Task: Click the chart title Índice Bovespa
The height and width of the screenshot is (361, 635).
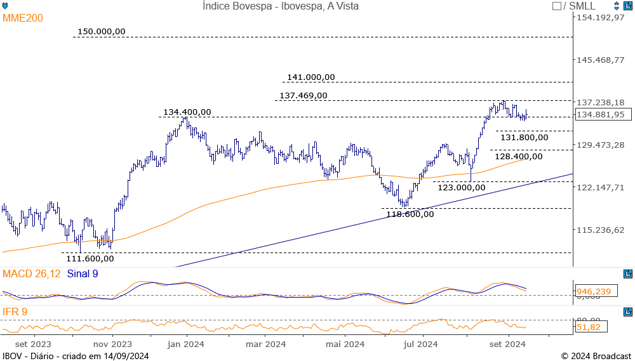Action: [x=281, y=6]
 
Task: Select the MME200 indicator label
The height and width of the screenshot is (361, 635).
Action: [x=23, y=18]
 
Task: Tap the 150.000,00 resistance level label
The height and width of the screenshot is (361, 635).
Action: [x=102, y=31]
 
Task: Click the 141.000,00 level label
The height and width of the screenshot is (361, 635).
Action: [x=311, y=77]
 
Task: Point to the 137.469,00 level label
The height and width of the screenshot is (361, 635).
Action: [x=304, y=95]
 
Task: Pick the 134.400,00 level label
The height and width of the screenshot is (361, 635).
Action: [x=187, y=112]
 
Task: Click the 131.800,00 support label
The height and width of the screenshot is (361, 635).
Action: [x=524, y=136]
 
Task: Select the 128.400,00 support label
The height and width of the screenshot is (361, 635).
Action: [x=519, y=156]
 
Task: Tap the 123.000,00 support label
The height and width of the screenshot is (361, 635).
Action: [x=462, y=187]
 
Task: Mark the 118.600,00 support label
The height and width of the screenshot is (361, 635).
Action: [x=410, y=214]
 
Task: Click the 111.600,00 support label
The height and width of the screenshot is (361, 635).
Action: [x=90, y=258]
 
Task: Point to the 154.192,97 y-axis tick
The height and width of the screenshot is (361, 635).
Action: [x=600, y=17]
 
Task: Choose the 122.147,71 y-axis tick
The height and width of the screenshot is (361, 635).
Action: [x=600, y=187]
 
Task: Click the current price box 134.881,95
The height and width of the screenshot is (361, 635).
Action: [x=600, y=115]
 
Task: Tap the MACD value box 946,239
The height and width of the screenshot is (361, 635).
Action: [x=594, y=291]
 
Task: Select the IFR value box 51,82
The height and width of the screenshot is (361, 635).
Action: [x=591, y=327]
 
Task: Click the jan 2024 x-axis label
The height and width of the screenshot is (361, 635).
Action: [x=186, y=345]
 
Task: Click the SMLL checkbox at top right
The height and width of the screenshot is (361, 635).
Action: [x=557, y=6]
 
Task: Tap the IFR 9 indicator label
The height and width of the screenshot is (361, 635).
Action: [x=15, y=312]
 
